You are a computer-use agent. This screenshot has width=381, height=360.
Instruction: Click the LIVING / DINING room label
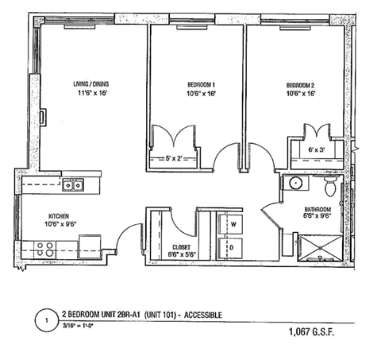pos(88,83)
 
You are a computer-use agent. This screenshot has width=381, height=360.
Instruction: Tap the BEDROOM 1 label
pos(194,84)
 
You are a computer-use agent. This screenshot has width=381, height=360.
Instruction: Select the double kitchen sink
pos(74,185)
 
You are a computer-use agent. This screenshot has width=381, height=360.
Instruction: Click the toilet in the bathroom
pos(331,187)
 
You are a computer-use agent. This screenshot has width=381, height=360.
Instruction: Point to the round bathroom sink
pos(295,184)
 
